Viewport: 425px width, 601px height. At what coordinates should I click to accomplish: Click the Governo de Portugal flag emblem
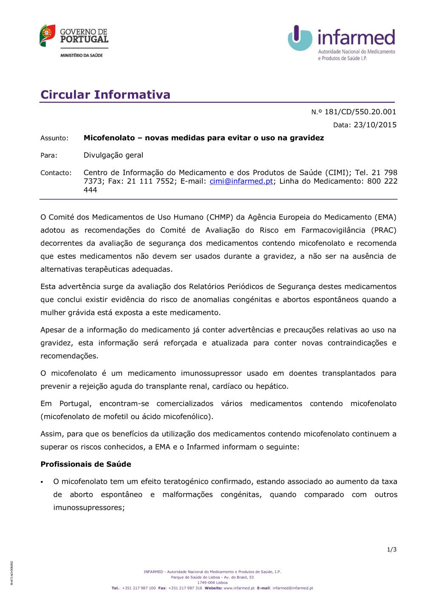(47, 35)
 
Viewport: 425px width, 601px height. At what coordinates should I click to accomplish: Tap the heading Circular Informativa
(105, 94)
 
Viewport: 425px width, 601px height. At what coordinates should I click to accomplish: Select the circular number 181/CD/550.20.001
(360, 112)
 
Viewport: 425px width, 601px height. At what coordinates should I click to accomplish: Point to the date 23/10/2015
(375, 125)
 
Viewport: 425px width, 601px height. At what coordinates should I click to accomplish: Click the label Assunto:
(54, 138)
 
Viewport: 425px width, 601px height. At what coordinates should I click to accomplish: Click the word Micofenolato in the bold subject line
(109, 138)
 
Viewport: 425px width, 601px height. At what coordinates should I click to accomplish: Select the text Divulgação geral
(113, 155)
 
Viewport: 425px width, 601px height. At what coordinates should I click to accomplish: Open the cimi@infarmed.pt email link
(241, 181)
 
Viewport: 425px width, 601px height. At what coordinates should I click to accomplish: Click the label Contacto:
(56, 173)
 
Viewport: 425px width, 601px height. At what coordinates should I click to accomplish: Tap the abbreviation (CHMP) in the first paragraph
(220, 217)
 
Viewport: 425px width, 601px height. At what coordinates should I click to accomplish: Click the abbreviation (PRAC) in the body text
(383, 230)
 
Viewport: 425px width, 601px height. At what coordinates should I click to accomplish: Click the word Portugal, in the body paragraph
(76, 403)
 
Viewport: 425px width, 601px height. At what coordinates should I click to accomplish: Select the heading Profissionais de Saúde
(86, 464)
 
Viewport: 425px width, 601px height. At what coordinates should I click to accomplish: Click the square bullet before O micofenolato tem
(42, 482)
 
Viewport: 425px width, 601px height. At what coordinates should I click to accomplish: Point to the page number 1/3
(391, 550)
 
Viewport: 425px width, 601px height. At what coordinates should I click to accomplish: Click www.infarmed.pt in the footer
(239, 588)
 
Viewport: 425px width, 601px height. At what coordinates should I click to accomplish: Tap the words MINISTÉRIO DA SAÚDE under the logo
(82, 55)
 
